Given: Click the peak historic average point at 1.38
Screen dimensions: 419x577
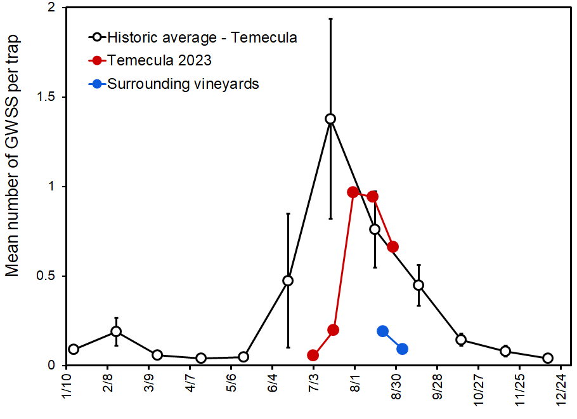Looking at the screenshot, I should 330,119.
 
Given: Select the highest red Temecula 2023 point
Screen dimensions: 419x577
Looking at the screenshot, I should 354,192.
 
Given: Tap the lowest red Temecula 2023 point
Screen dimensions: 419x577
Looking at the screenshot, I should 313,355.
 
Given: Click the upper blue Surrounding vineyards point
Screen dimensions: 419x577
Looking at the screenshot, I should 382,331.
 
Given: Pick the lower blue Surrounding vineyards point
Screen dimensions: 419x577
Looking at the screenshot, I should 402,349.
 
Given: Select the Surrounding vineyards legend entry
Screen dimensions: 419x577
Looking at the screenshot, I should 183,83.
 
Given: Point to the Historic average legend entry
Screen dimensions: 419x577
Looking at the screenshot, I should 202,37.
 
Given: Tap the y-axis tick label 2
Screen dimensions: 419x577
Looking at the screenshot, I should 51,8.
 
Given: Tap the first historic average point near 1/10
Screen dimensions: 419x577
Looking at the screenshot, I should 74,349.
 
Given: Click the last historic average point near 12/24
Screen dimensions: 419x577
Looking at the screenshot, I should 548,358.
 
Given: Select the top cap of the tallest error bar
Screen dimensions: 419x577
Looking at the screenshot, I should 330,19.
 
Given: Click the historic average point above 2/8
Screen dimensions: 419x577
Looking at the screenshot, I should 116,331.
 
